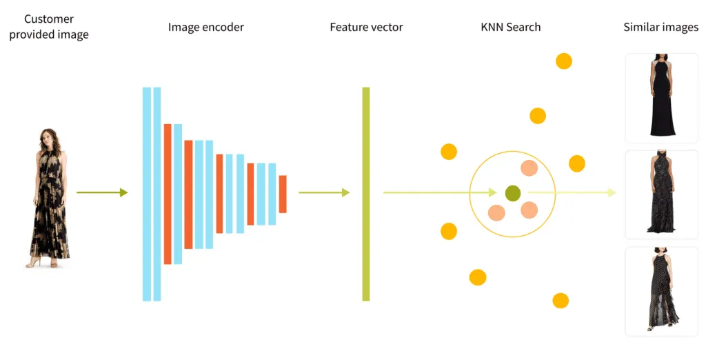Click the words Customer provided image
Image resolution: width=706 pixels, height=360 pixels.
coord(48,27)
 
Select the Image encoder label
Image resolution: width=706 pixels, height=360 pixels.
coord(205,28)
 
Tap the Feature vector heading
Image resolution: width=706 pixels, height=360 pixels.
coord(366,28)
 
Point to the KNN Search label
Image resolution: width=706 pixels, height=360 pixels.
coord(510,28)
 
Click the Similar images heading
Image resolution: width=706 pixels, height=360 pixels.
coord(660,28)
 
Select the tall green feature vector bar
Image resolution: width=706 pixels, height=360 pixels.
coord(366,194)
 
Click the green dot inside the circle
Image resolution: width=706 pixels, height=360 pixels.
coord(512,194)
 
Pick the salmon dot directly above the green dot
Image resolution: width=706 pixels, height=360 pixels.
coord(529,168)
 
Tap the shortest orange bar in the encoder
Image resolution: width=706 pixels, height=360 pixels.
coord(282,194)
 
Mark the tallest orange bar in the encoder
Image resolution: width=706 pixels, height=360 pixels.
coord(167,194)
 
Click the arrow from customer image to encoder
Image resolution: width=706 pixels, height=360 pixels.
coord(102,192)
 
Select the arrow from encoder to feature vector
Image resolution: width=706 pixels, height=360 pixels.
coord(324,192)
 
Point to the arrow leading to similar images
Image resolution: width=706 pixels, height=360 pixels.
coord(572,192)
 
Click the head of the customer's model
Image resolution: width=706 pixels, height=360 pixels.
coord(47,135)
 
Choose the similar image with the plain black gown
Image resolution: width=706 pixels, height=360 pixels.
coord(661,98)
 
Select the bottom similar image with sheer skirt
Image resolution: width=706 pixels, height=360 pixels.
coord(661,291)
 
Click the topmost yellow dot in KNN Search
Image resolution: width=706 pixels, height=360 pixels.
coord(564,61)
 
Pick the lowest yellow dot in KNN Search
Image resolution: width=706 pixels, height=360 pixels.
coord(561,301)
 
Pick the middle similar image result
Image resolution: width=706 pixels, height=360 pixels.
coord(661,194)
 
